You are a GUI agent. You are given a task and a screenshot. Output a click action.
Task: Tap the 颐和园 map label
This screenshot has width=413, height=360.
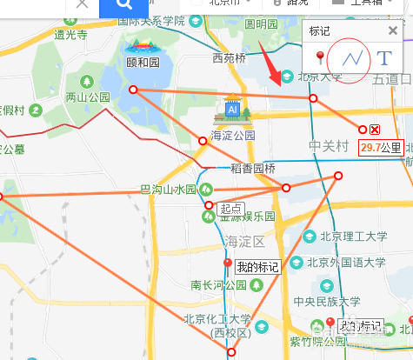pos(143,63)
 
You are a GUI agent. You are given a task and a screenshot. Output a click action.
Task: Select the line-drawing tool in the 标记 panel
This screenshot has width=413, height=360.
pos(352,58)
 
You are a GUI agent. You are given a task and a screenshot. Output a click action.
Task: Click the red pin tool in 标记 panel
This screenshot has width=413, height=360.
pos(320,58)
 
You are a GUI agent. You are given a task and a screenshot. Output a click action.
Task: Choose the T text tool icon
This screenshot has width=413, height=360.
pos(383,58)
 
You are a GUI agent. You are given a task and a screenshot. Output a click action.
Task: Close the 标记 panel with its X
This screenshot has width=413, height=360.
pos(393,31)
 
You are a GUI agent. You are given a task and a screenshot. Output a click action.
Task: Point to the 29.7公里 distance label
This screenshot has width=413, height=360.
pos(383,148)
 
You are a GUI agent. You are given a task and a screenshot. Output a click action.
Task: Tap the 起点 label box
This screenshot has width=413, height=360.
pos(230,208)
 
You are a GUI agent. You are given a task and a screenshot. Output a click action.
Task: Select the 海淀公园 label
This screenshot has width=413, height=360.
pos(233,136)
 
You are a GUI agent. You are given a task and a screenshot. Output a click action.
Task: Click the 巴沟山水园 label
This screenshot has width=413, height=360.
pos(169,189)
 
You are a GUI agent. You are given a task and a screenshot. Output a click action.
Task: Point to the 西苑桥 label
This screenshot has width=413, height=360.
pos(230,58)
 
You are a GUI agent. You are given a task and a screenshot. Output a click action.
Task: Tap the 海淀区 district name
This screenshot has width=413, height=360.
pos(244,240)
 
